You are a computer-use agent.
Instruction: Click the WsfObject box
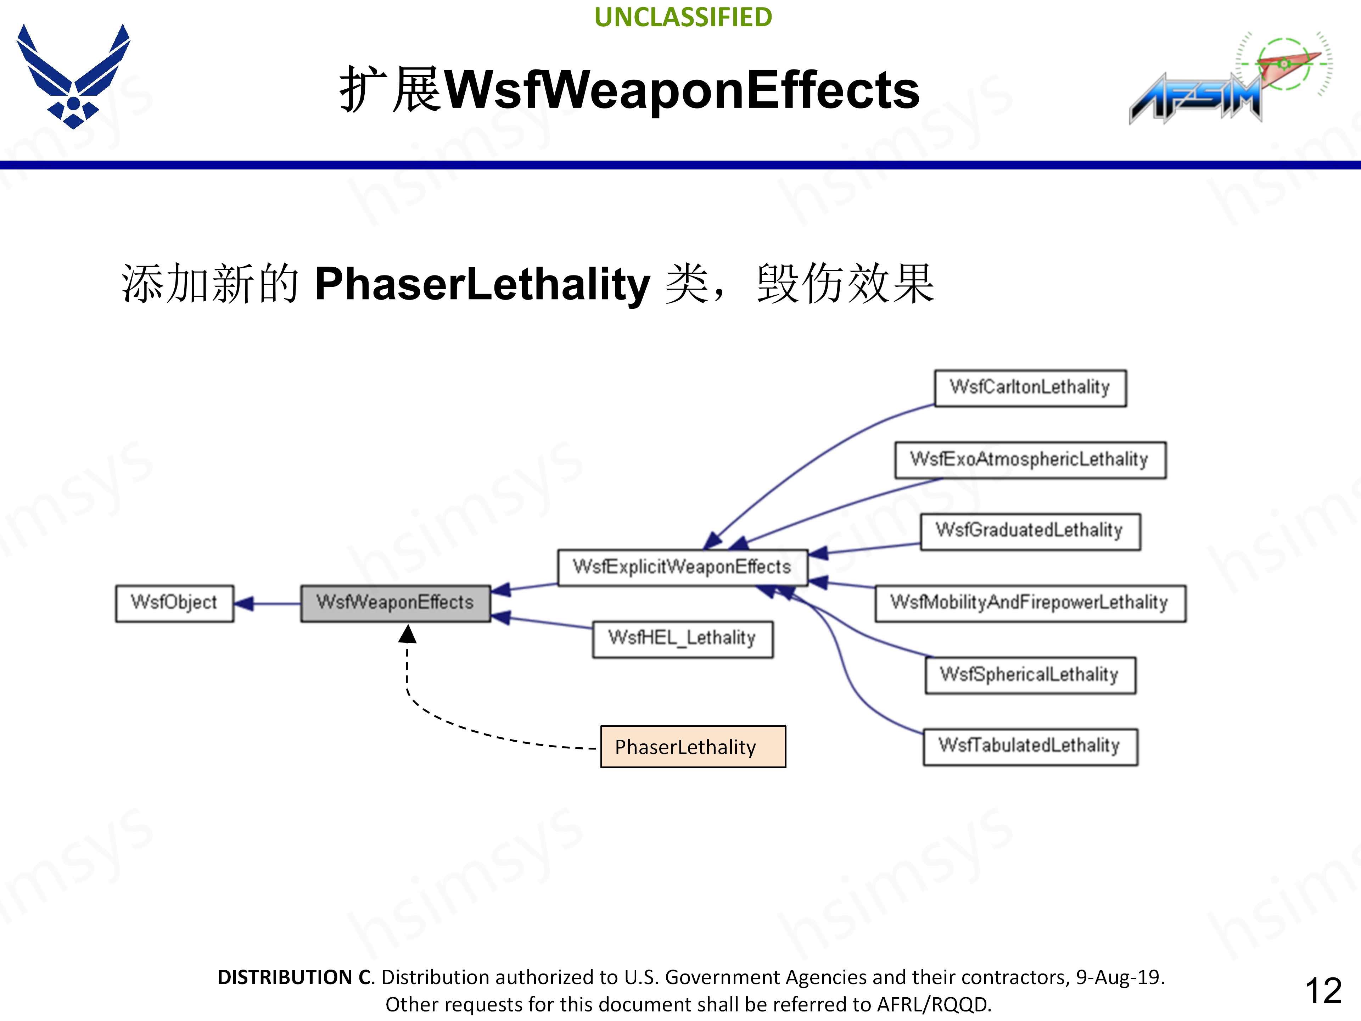pyautogui.click(x=174, y=603)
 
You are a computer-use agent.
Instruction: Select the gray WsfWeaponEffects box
pyautogui.click(x=395, y=603)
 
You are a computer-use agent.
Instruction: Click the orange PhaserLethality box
pyautogui.click(x=693, y=747)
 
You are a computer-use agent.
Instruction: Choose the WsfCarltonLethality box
pyautogui.click(x=1030, y=388)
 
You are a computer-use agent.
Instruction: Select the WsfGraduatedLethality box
pyautogui.click(x=1030, y=531)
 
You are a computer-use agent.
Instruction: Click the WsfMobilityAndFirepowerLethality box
pyautogui.click(x=1030, y=603)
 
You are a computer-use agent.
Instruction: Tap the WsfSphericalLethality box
pyautogui.click(x=1030, y=675)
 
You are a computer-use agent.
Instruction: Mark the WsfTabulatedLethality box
pyautogui.click(x=1030, y=747)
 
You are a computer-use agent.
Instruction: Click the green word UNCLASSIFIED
pyautogui.click(x=683, y=17)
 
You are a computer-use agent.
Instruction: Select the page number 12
pyautogui.click(x=1323, y=991)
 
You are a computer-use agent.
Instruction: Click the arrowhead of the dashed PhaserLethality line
pyautogui.click(x=407, y=634)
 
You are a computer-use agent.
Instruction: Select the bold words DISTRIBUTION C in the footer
pyautogui.click(x=295, y=977)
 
